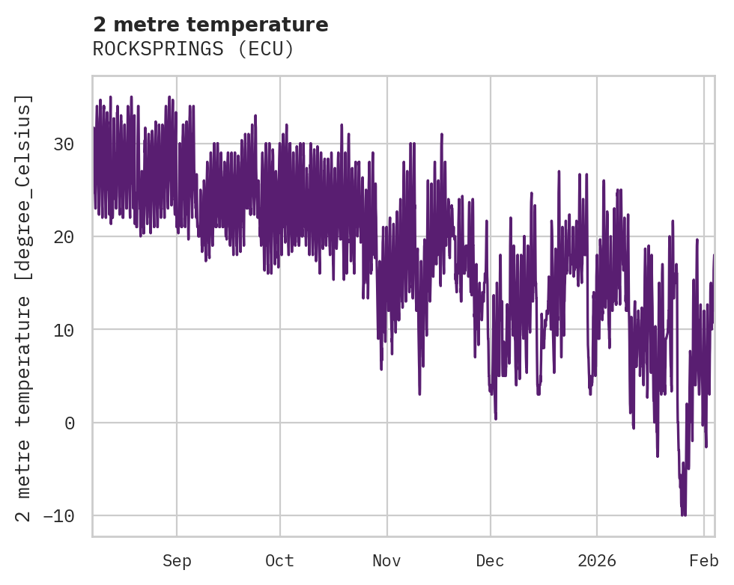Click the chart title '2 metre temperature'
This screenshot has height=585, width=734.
(x=210, y=25)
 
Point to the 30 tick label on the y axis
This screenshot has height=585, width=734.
(x=64, y=144)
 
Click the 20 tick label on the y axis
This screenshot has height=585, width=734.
(x=64, y=236)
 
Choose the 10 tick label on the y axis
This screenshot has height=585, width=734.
(x=64, y=330)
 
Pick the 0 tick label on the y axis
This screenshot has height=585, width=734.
(x=70, y=423)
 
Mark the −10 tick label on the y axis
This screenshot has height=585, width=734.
(x=59, y=515)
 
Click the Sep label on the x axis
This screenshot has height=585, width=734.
(x=177, y=561)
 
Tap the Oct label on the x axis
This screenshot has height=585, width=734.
(x=279, y=561)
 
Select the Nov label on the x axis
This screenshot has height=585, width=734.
(x=387, y=561)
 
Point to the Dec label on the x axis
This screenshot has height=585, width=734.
(x=491, y=561)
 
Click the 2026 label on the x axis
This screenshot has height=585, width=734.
(x=597, y=561)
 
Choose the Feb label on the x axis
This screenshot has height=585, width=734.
(x=704, y=561)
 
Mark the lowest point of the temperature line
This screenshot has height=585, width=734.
(x=683, y=515)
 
